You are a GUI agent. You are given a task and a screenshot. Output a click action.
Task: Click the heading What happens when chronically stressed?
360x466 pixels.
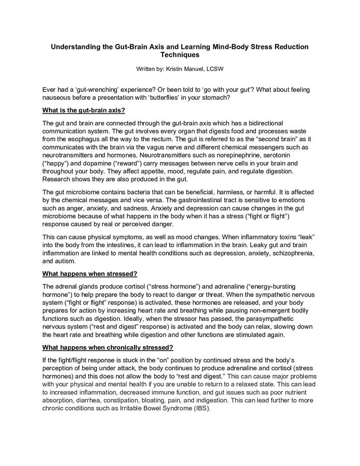pos(107,347)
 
